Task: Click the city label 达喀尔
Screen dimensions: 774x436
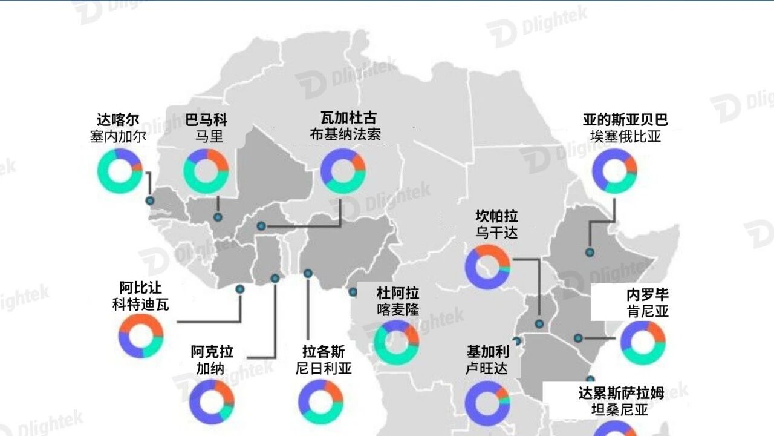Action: click(118, 120)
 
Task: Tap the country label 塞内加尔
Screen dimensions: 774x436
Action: click(118, 136)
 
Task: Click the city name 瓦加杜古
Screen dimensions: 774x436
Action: click(348, 117)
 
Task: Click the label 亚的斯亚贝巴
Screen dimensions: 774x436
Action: click(625, 120)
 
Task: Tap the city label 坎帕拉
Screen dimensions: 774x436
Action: click(496, 216)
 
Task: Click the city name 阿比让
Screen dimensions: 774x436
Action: click(140, 288)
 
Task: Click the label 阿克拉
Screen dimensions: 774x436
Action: click(212, 352)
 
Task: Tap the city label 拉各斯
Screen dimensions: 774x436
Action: click(324, 352)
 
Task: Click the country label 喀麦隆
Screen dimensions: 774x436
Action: click(398, 309)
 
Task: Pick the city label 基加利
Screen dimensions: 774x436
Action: click(487, 352)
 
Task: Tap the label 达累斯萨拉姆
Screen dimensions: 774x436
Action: click(621, 394)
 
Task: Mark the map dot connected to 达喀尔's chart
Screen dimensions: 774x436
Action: click(149, 200)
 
